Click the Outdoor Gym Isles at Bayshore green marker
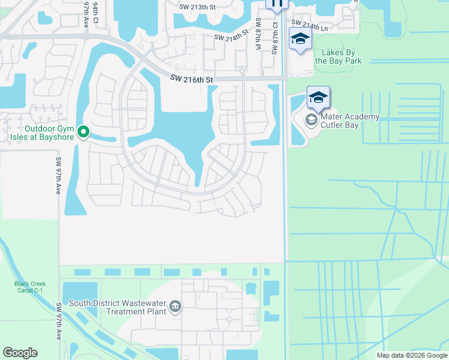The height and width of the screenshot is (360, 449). point(84,131)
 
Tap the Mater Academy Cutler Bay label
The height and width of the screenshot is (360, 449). point(351,121)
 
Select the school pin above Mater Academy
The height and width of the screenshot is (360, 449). point(319,97)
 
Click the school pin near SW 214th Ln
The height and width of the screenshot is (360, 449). point(300,40)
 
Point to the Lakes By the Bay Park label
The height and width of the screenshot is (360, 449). point(338,56)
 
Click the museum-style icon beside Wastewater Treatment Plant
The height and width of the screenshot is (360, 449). point(175,307)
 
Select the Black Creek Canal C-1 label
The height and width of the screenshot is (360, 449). point(30,287)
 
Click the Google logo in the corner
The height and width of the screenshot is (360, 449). point(20,353)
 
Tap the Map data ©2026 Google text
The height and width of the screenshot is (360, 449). point(412,355)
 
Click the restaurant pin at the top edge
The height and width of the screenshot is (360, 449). point(277,4)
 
